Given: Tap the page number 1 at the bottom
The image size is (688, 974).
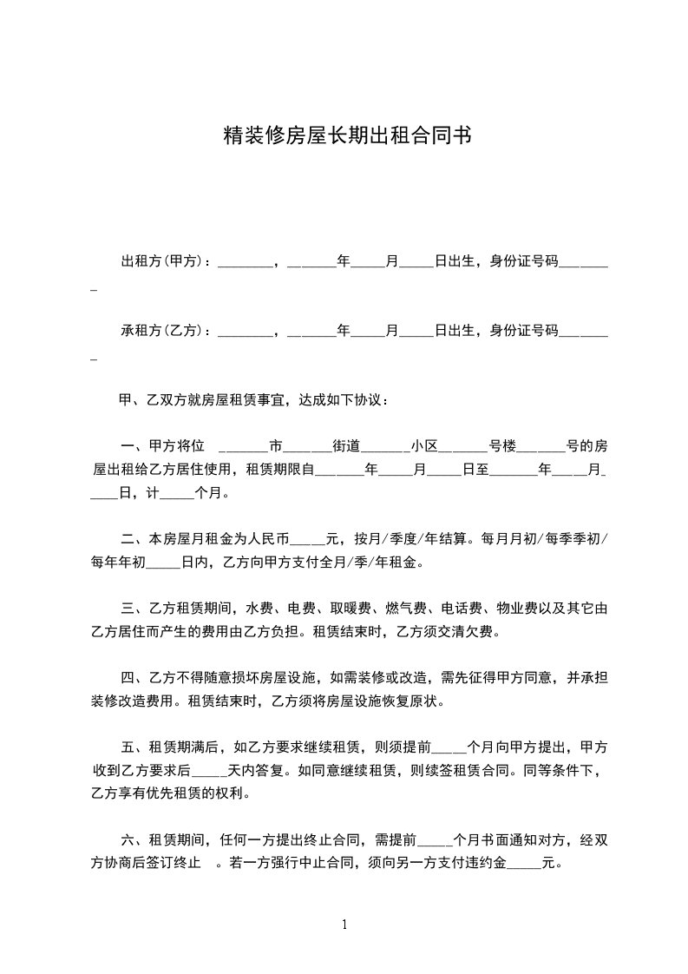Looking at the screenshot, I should (344, 925).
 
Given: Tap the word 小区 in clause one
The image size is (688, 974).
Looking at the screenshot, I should (425, 447).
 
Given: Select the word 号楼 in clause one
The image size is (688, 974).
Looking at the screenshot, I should (502, 447).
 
